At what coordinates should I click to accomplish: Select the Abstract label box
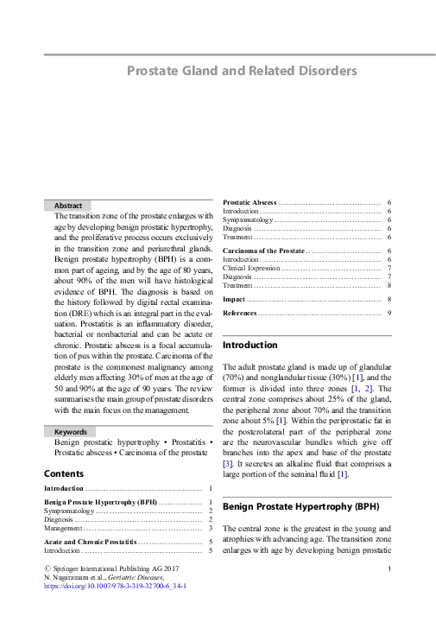[x=68, y=206]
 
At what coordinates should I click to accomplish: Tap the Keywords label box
[x=71, y=431]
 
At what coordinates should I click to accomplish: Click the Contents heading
[x=64, y=473]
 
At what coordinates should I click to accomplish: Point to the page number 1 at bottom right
[x=390, y=568]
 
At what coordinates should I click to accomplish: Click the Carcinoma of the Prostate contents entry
[x=263, y=251]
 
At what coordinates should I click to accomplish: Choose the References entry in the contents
[x=239, y=312]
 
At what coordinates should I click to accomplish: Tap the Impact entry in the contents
[x=234, y=299]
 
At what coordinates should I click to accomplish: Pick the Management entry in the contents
[x=66, y=528]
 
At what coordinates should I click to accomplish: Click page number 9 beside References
[x=389, y=312]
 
